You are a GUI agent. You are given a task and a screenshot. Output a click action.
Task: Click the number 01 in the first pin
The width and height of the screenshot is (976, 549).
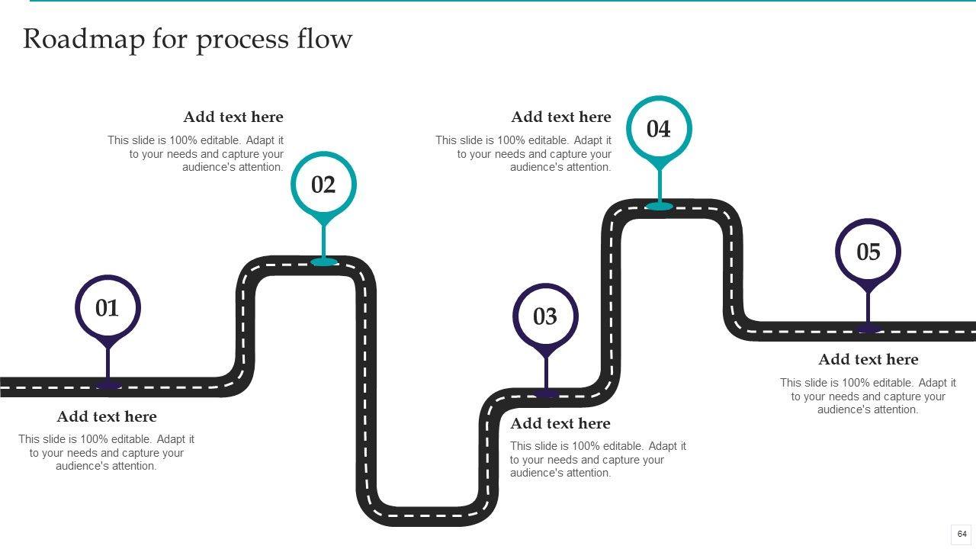[108, 308]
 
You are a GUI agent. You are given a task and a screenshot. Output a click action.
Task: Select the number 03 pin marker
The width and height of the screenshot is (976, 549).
[545, 316]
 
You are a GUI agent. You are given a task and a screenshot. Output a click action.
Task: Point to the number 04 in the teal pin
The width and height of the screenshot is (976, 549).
[659, 129]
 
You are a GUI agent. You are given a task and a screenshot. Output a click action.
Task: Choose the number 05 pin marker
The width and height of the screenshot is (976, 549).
[868, 252]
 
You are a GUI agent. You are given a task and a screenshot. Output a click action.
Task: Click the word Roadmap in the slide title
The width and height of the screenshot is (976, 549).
[83, 39]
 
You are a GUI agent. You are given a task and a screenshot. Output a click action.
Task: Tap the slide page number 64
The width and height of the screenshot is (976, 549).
[962, 534]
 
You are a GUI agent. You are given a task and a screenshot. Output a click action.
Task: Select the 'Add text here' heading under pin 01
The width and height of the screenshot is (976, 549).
[107, 416]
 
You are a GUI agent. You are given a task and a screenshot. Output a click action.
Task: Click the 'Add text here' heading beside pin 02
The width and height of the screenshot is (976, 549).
[233, 117]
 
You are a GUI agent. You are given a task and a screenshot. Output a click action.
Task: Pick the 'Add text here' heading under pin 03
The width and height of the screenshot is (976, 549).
[560, 423]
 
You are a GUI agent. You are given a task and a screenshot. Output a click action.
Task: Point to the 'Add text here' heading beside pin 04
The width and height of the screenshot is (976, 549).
[561, 117]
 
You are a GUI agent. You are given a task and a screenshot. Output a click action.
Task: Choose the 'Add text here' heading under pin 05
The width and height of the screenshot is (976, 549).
[868, 359]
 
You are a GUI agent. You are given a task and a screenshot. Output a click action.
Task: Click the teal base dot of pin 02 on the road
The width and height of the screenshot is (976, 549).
[324, 262]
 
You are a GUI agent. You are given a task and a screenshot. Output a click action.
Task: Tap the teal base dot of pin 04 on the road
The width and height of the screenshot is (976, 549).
[660, 206]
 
